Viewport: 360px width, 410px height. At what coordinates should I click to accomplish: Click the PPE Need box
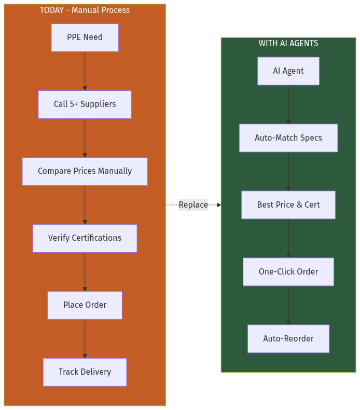tap(85, 37)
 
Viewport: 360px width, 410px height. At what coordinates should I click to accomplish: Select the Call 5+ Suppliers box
tap(85, 104)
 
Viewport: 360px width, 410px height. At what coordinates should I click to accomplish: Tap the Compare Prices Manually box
tap(85, 171)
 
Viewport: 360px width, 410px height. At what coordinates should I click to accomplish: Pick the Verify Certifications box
tap(85, 238)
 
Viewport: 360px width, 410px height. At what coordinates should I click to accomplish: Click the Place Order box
tap(85, 305)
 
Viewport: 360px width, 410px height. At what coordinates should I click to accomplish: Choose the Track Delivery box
tap(85, 372)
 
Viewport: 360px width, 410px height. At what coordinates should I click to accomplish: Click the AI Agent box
tap(288, 71)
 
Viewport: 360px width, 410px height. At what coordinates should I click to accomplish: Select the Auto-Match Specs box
tap(288, 138)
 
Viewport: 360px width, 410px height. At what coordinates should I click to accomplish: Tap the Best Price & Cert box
tap(288, 205)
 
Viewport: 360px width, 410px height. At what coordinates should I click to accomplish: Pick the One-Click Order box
tap(288, 272)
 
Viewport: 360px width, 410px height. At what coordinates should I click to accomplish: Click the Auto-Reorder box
tap(288, 339)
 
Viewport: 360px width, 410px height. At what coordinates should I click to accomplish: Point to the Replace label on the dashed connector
tap(193, 205)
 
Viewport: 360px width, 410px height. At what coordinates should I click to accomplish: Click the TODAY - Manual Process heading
tap(85, 10)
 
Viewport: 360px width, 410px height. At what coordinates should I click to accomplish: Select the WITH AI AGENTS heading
tap(288, 44)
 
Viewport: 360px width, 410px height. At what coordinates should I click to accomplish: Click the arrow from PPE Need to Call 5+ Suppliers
tap(85, 71)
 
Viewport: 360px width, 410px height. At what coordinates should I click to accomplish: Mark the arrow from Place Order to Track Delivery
tap(85, 339)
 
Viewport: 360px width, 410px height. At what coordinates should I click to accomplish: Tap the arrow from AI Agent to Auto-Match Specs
tap(288, 105)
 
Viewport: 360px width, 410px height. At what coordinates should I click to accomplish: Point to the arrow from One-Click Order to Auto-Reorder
tap(288, 306)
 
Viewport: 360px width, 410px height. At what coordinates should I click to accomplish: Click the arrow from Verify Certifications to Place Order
tap(85, 272)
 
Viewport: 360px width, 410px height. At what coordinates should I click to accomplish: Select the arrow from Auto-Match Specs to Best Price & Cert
tap(288, 172)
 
